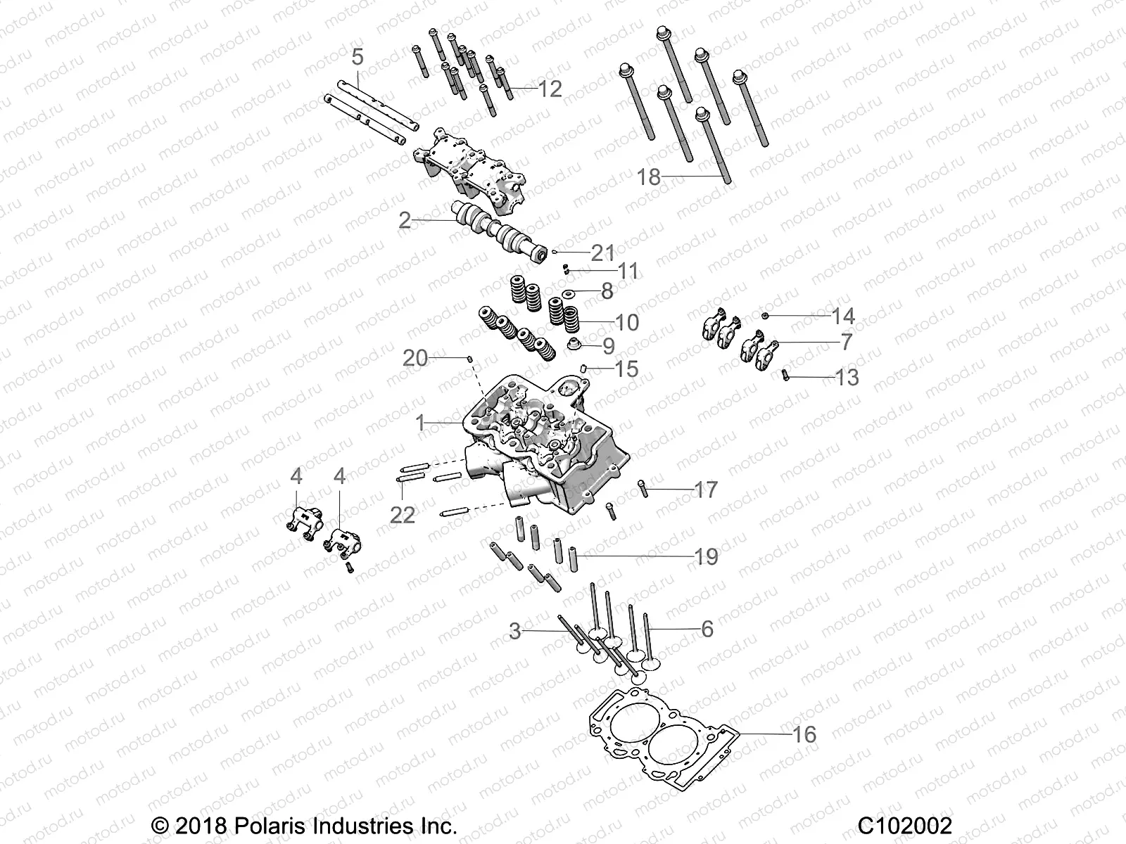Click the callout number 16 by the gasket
(x=804, y=735)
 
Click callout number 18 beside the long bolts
(x=648, y=177)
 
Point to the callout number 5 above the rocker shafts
(x=358, y=57)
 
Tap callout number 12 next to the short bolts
(x=550, y=89)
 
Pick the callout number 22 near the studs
(x=403, y=515)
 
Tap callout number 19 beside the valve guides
(x=706, y=557)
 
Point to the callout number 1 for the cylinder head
(x=420, y=423)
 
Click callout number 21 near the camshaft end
(x=603, y=252)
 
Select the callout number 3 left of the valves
(x=515, y=632)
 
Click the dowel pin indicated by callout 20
(x=469, y=359)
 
